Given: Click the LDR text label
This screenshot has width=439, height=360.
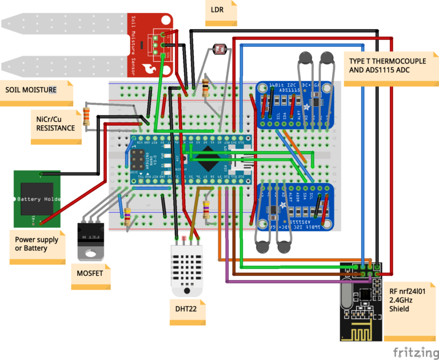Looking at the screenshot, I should (217, 10).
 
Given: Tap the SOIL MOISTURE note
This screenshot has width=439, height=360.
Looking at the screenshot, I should (31, 90).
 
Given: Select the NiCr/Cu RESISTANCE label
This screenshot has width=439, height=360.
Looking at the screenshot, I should (55, 123).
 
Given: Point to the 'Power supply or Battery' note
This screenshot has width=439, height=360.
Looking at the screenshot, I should (39, 244).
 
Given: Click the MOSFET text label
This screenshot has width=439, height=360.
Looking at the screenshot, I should (90, 273).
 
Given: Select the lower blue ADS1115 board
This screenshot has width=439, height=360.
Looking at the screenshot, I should (294, 209).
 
